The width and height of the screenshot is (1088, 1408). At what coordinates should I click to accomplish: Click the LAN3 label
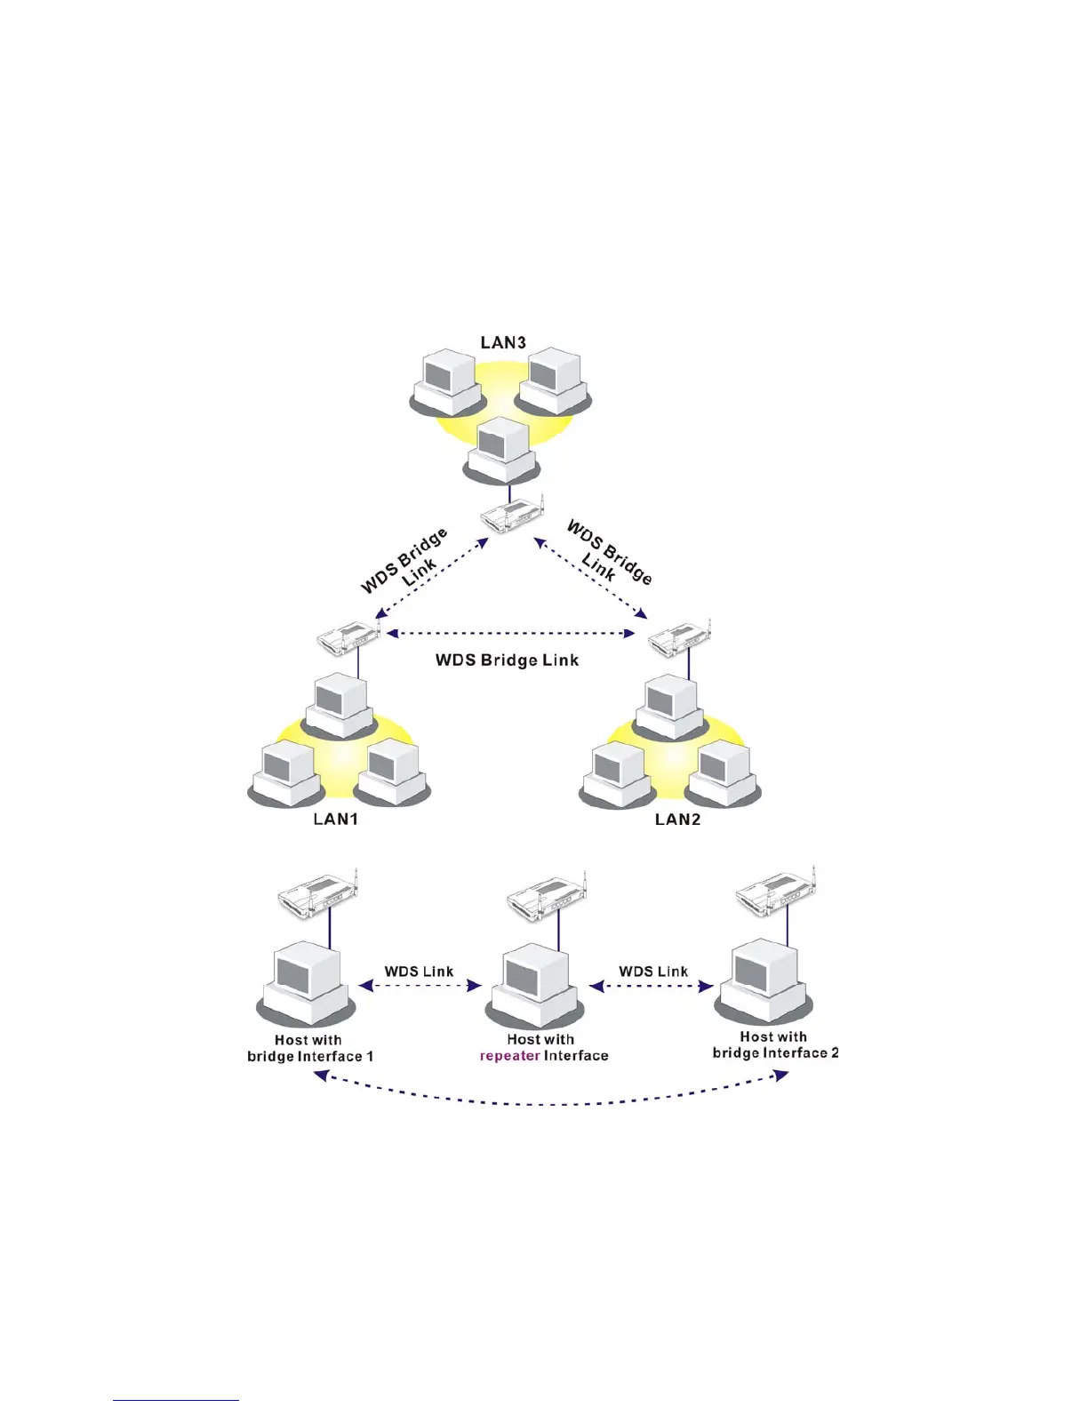tap(503, 342)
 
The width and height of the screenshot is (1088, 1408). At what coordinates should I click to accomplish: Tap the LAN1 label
tap(335, 819)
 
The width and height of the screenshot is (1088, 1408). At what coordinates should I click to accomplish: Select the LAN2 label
tap(677, 819)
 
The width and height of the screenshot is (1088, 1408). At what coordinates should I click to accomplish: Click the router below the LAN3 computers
tap(512, 515)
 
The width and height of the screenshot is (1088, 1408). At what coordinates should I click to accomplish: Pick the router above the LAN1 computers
tap(349, 637)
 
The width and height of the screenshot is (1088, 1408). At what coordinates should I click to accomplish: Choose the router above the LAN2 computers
tap(681, 637)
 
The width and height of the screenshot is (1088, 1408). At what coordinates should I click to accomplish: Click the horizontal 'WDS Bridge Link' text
tap(507, 660)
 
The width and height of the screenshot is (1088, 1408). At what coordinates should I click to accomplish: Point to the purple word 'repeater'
tap(509, 1056)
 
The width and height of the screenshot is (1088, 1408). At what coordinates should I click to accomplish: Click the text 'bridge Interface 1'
tap(310, 1057)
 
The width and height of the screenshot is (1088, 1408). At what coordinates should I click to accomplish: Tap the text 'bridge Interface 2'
tap(775, 1053)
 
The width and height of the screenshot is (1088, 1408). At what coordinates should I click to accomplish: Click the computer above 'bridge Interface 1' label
tap(307, 985)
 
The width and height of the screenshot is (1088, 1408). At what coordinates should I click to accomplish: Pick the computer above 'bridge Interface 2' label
tap(765, 981)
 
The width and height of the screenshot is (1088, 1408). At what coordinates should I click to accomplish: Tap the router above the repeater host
tap(548, 898)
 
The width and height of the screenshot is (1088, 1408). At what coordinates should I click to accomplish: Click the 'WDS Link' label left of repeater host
tap(419, 972)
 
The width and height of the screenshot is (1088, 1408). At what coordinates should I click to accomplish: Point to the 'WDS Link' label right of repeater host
tap(653, 972)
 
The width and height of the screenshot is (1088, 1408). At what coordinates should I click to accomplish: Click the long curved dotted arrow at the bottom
tap(551, 1103)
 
